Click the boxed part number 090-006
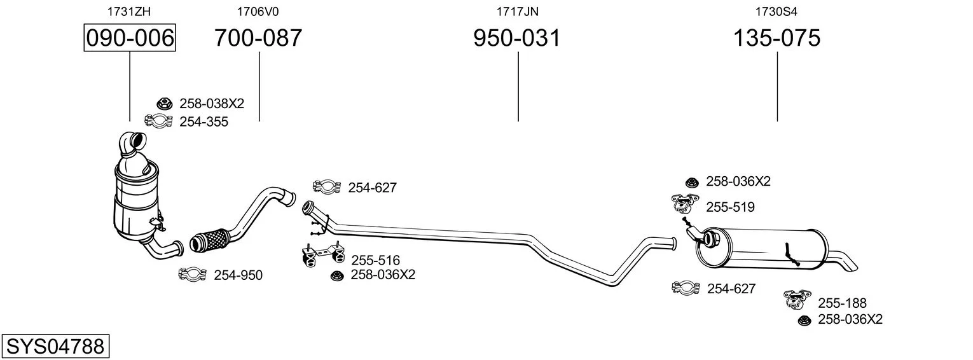pos(130,38)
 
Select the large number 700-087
pos(258,38)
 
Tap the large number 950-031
pos(517,38)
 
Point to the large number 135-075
pos(776,38)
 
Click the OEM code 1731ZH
pos(129,11)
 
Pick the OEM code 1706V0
pos(258,11)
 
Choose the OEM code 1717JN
pos(517,11)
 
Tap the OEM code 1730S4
pos(776,11)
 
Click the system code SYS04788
pos(55,347)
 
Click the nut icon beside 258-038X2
pos(164,103)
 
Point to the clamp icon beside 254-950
pos(193,273)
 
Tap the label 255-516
pos(375,260)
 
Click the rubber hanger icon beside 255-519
pos(684,204)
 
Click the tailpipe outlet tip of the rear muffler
pos(852,267)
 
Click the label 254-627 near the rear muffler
pos(731,288)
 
